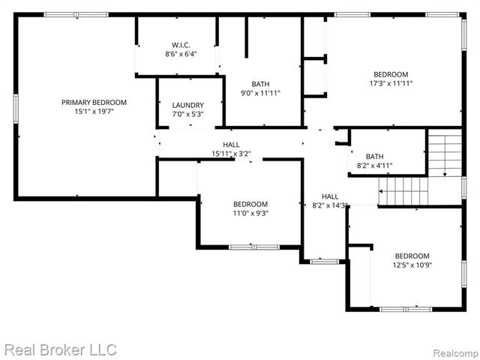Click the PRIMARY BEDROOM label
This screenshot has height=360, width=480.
94,102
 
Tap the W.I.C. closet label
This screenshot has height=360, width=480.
181,43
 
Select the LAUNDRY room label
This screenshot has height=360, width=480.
187,105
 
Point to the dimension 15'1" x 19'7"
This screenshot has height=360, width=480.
94,112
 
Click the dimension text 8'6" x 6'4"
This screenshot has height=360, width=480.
181,54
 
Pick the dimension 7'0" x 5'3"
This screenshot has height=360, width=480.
187,115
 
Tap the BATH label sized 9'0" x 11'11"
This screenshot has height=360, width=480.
261,84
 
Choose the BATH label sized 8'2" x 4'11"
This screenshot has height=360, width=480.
374,156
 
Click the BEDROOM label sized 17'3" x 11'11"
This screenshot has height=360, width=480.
391,74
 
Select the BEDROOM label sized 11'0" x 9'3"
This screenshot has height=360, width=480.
250,204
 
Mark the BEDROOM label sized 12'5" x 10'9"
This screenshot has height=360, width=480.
412,255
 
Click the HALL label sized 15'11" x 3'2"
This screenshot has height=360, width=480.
231,145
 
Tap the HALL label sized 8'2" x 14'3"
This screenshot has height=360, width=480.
330,196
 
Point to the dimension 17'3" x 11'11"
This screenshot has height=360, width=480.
391,84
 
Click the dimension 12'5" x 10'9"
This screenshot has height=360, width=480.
412,265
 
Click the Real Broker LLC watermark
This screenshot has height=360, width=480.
60,349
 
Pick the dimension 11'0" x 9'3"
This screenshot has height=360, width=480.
250,214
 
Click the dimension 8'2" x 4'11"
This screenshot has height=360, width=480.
374,166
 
